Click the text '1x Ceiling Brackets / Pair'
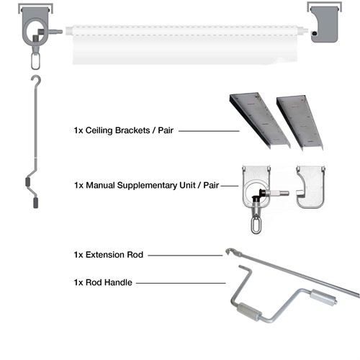click(125, 131)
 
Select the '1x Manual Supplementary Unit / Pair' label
click(146, 186)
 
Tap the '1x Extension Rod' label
click(109, 255)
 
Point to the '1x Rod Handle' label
click(102, 284)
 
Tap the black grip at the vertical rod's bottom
click(35, 202)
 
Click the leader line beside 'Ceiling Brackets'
click(209, 131)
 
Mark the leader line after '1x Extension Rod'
click(186, 255)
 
